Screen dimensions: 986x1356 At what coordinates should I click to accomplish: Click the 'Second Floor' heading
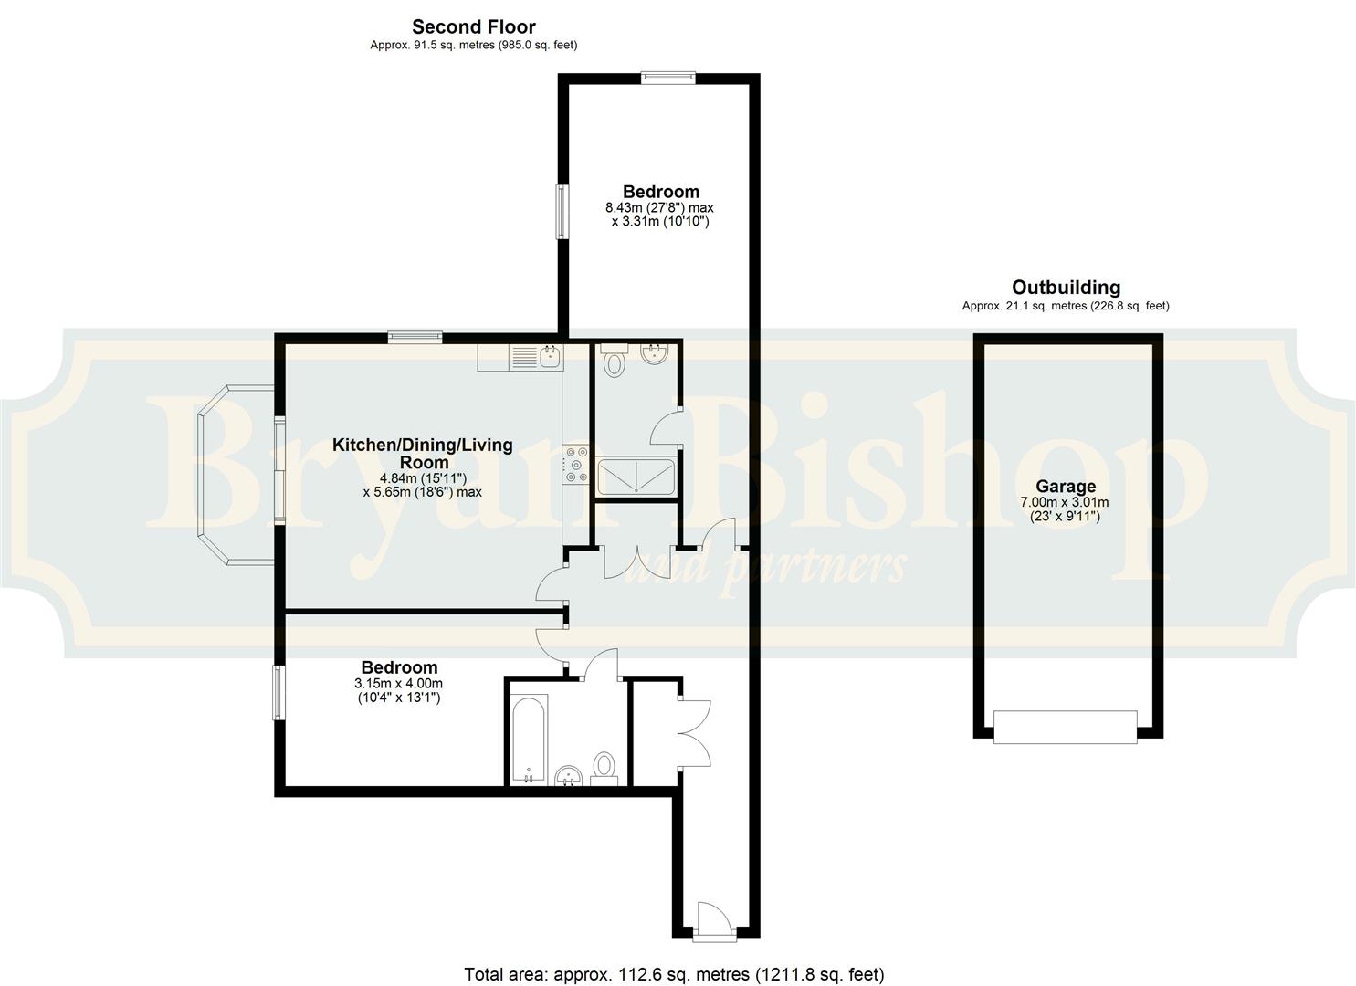(x=473, y=26)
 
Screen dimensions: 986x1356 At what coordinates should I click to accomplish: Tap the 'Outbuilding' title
(x=1066, y=288)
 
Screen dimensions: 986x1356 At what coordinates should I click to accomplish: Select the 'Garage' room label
(x=1065, y=487)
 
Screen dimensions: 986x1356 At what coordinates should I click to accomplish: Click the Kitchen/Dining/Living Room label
(x=422, y=453)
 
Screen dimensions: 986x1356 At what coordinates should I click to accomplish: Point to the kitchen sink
(x=549, y=357)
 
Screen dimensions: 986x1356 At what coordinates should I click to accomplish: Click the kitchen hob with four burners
(x=576, y=464)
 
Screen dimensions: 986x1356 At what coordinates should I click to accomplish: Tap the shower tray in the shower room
(x=636, y=477)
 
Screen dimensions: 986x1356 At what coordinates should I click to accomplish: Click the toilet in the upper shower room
(x=615, y=362)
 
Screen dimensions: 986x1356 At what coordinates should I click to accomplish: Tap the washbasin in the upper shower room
(x=656, y=353)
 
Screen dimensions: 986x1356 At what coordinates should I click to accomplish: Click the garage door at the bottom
(x=1066, y=727)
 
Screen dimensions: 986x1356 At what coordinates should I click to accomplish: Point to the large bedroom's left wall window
(x=563, y=212)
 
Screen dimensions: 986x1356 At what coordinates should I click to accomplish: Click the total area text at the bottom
(x=674, y=974)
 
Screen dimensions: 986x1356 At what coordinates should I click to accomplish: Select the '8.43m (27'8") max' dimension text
(x=659, y=208)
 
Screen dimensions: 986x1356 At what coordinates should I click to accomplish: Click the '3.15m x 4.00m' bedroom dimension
(x=398, y=684)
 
